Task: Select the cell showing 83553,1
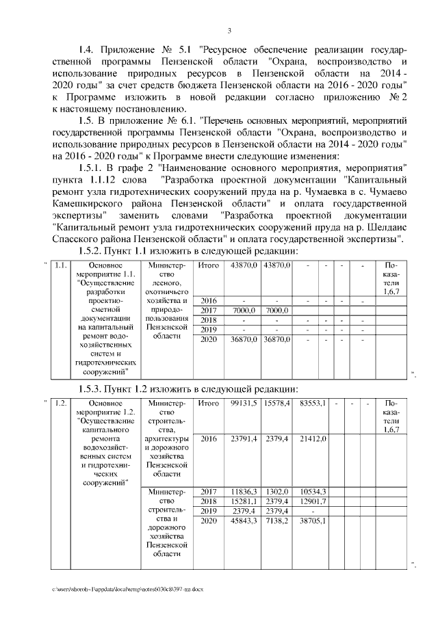click(312, 404)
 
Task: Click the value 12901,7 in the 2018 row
click(312, 501)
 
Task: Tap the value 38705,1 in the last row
click(312, 521)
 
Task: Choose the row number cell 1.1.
click(60, 265)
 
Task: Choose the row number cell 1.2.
click(60, 404)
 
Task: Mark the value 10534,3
click(312, 492)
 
